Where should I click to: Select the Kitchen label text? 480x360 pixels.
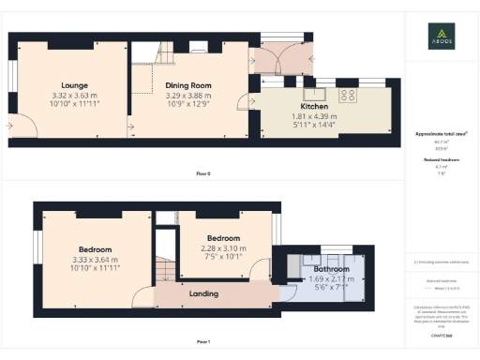pos(313,106)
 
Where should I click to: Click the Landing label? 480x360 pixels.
pos(203,293)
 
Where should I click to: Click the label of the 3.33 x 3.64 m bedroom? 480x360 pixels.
pos(96,249)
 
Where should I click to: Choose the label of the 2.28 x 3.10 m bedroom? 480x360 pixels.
pos(223,238)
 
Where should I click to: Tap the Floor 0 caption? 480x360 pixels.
pos(202,174)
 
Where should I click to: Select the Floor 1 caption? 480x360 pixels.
pos(202,342)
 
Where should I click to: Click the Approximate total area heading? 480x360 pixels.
pos(441,134)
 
